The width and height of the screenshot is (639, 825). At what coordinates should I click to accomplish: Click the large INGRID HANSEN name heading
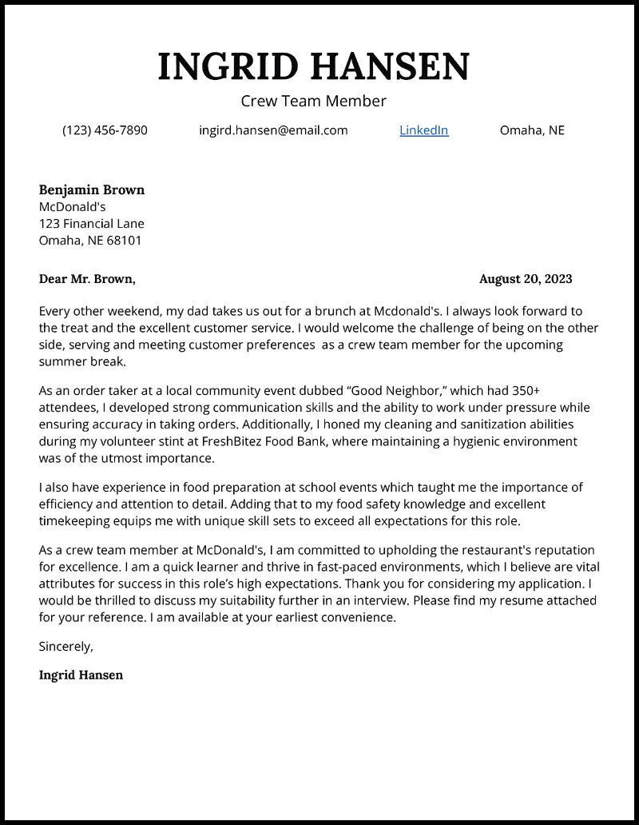(314, 66)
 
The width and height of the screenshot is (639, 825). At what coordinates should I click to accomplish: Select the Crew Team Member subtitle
(313, 101)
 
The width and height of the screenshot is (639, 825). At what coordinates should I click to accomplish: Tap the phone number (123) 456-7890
(105, 130)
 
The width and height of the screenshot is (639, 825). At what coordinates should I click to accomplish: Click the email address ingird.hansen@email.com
(273, 130)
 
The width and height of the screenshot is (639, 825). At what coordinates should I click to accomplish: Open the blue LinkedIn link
(423, 130)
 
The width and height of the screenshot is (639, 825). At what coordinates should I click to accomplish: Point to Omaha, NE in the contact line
(532, 130)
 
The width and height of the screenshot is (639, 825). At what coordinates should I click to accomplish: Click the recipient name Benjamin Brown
(92, 189)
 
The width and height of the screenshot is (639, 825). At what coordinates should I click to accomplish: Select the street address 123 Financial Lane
(92, 224)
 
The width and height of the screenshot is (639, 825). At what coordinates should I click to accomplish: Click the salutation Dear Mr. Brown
(87, 279)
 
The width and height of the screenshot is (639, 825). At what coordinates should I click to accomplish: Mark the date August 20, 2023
(526, 279)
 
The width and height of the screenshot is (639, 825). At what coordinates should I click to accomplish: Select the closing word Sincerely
(66, 646)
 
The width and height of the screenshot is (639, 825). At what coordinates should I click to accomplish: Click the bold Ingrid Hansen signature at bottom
(81, 675)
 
